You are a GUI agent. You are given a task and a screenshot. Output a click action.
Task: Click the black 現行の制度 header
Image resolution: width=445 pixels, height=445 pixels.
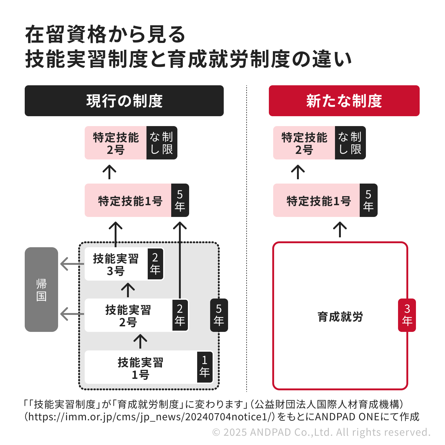[x=124, y=101]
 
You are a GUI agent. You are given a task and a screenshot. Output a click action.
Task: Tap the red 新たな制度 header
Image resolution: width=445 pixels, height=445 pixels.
[x=344, y=101]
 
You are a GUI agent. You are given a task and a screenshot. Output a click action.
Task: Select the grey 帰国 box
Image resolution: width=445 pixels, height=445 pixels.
[x=41, y=290]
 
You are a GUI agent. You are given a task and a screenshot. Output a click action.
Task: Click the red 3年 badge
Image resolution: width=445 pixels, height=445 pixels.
[x=407, y=315]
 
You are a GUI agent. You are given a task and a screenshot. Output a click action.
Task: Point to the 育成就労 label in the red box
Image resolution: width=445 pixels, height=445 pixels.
[x=340, y=317]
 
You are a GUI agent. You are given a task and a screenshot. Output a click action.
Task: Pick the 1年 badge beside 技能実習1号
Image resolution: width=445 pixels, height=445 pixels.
[x=205, y=367]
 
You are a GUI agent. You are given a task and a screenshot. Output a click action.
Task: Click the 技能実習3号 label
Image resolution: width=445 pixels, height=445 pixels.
[x=116, y=264]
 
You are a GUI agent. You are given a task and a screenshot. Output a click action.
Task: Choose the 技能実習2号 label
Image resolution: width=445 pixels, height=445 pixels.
[x=128, y=316]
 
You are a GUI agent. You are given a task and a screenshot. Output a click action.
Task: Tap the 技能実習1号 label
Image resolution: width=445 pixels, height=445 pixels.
[x=141, y=368]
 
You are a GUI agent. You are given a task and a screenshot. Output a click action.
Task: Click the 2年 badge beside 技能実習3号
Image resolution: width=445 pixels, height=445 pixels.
[x=155, y=264]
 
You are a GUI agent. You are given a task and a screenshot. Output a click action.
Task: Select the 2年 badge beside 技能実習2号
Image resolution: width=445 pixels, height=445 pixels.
[x=180, y=315]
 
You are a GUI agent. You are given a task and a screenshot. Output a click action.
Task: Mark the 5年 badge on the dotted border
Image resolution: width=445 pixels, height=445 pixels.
[x=219, y=315]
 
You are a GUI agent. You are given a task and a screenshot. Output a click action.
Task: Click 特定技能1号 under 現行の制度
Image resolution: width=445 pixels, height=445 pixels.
[x=130, y=201]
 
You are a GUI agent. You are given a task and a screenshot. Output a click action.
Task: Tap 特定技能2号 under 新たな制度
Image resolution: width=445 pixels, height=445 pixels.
[x=304, y=143]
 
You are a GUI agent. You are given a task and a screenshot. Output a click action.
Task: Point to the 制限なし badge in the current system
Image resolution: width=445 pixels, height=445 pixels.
[x=162, y=143]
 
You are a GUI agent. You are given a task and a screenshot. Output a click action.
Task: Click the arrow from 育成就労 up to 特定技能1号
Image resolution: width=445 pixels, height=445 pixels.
[x=340, y=229]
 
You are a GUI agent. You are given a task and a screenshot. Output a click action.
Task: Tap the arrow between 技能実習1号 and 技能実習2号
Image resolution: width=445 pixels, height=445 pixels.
[x=140, y=341]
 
